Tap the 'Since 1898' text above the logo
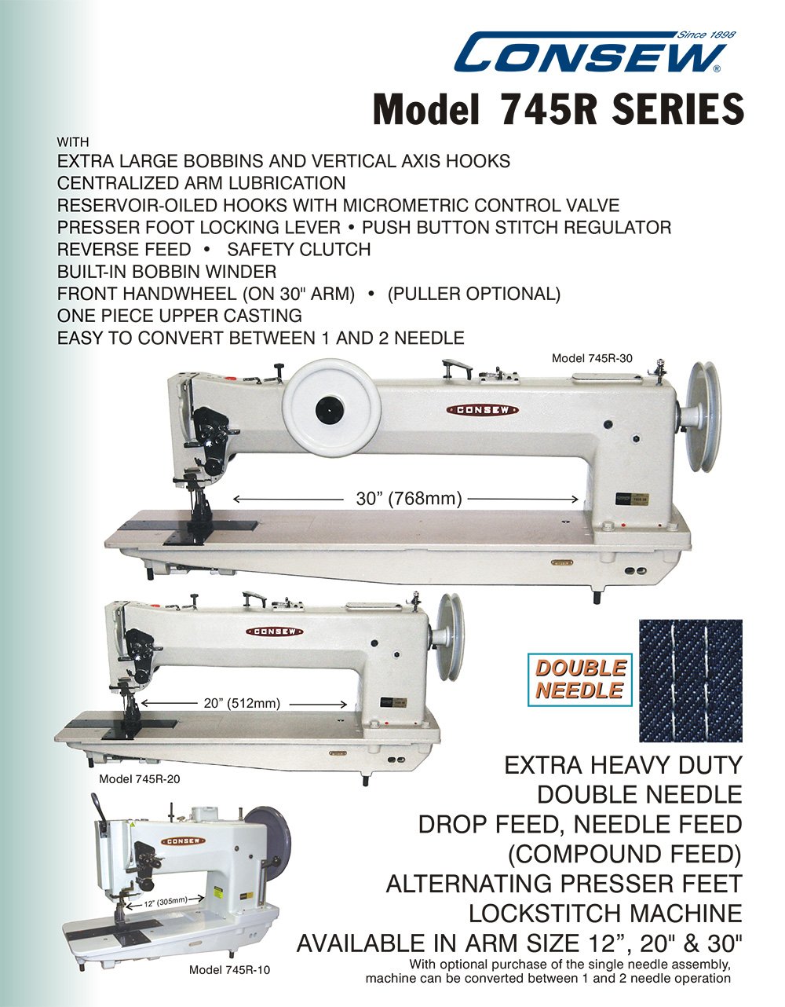[x=706, y=35]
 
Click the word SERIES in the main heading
[x=677, y=109]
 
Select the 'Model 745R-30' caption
[x=592, y=358]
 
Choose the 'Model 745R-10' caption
[x=229, y=970]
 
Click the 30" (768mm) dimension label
[x=410, y=499]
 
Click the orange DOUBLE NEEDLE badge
[x=580, y=679]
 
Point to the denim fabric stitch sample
[x=691, y=680]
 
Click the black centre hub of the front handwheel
[x=330, y=410]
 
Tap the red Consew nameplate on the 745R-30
[x=483, y=410]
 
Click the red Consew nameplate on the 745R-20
[x=275, y=632]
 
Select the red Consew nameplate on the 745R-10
[x=184, y=840]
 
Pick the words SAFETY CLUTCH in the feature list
[x=299, y=249]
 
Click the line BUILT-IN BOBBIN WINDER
[x=166, y=272]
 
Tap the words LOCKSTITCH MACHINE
[x=605, y=914]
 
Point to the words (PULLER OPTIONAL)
[x=474, y=294]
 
